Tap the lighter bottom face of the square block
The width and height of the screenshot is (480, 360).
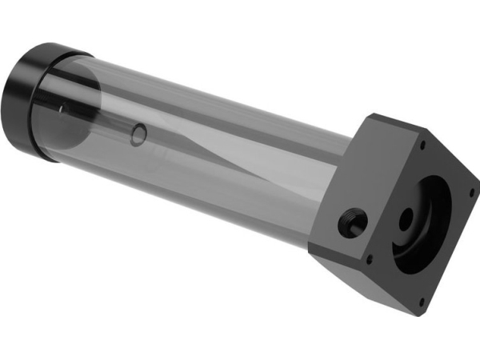pyautogui.click(x=368, y=280)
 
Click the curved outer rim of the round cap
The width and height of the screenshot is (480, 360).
pyautogui.click(x=36, y=60)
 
